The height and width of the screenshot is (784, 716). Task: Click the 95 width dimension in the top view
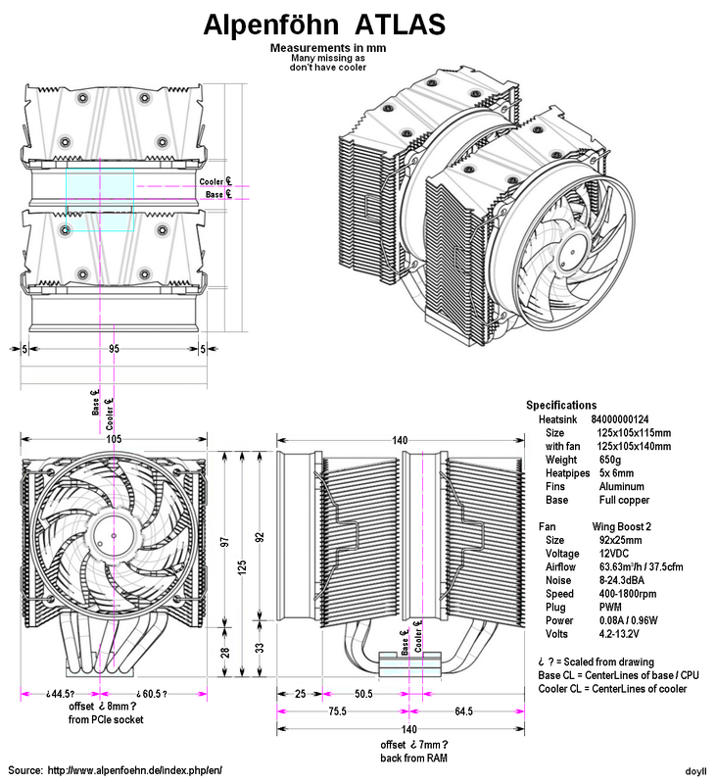pos(115,349)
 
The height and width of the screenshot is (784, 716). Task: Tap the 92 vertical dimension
pos(261,537)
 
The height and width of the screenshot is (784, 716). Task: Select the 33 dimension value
pos(261,647)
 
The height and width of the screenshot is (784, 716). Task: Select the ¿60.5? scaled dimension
pos(150,694)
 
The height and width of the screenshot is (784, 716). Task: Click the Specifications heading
pos(560,405)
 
